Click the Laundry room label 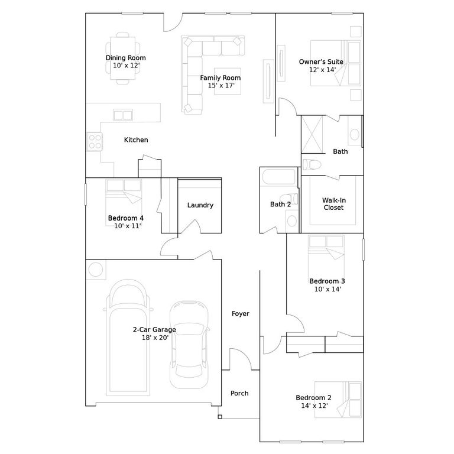click(200, 205)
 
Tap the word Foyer click(241, 313)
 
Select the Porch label click(239, 393)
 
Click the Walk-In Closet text click(334, 204)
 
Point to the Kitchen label click(136, 140)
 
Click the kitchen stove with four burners click(95, 142)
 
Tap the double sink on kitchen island click(123, 115)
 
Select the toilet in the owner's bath click(312, 165)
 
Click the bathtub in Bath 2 click(279, 177)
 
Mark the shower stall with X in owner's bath click(312, 135)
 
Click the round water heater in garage click(96, 270)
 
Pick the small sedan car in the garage click(189, 345)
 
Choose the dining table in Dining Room click(123, 58)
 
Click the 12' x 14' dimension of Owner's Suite click(322, 70)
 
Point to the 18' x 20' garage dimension click(155, 338)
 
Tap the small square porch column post click(220, 417)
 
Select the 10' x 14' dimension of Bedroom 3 click(327, 289)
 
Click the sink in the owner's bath click(355, 134)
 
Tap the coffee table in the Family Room click(228, 82)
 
